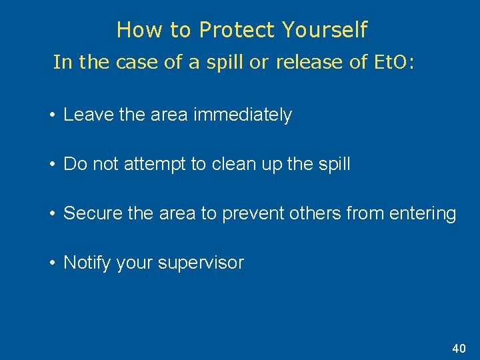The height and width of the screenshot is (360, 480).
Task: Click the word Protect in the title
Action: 237,30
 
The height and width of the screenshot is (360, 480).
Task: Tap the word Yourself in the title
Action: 324,30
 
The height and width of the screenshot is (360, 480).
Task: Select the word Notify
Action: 87,263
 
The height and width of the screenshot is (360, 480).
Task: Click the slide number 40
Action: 459,349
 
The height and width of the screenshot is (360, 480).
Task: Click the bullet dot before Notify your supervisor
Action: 52,263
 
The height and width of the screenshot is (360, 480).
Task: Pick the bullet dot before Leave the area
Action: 52,115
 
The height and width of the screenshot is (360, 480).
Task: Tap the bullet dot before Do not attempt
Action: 52,165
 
